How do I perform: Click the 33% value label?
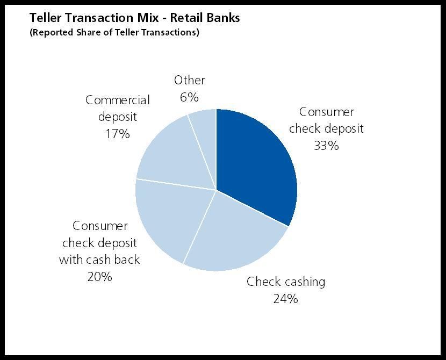326,146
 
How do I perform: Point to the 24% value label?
285,299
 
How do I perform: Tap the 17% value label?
118,134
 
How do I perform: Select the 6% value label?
189,97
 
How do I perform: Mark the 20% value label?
99,276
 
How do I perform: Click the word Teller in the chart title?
46,18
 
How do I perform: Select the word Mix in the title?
148,18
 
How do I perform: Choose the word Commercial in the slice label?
118,100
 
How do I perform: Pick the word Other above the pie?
190,80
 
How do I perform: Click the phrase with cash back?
99,260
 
